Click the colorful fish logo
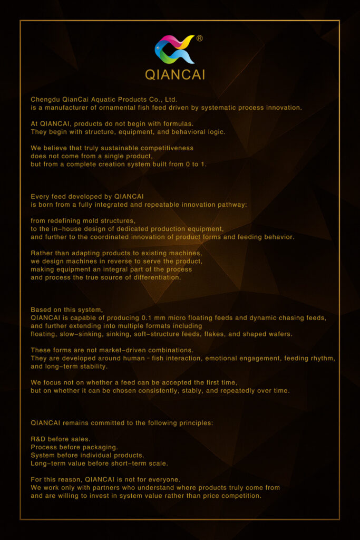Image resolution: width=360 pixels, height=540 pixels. point(174,50)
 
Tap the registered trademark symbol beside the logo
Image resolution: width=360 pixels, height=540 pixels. point(199,38)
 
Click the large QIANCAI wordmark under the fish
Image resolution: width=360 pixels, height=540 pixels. point(175,75)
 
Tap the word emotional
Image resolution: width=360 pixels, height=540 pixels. point(224,358)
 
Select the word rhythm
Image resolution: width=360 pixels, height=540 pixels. point(323,358)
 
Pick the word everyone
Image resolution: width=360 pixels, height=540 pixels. point(161,479)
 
